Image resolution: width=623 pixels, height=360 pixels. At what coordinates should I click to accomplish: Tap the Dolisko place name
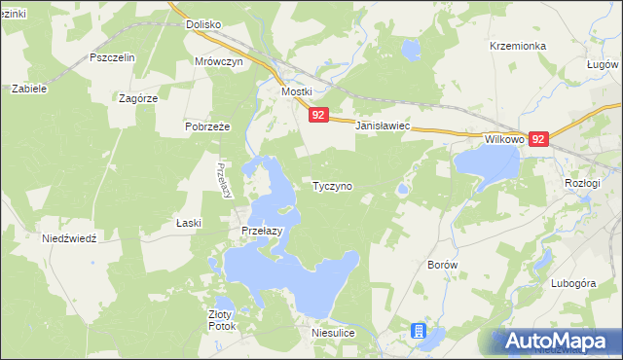coord(204,24)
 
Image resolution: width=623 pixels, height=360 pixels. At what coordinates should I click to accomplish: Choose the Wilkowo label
coord(504,139)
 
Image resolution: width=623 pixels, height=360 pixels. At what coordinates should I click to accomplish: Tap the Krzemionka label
coord(519,46)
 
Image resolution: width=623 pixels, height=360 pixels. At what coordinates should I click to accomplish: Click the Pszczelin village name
coord(112,57)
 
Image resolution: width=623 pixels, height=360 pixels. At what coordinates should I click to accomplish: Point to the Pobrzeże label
coord(206,126)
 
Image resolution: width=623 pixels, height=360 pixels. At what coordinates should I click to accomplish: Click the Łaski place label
coord(189,223)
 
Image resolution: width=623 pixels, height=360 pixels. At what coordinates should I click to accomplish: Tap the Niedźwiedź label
coord(69,238)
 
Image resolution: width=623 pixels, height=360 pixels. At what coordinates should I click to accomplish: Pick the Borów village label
coord(443,264)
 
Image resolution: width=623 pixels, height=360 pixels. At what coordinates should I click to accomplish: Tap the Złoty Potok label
coord(222,320)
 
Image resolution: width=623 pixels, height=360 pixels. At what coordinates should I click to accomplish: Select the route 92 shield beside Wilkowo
coord(539,139)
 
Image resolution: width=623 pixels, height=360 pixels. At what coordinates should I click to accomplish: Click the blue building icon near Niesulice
coord(419,332)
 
